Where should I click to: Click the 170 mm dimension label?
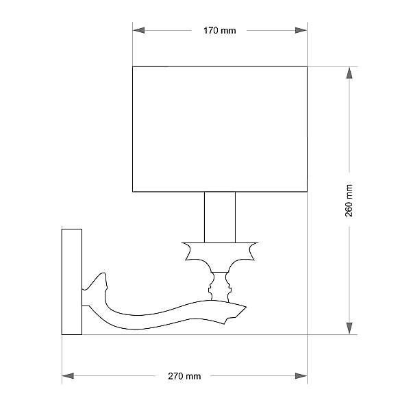click(x=220, y=31)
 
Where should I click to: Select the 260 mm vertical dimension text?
click(x=349, y=201)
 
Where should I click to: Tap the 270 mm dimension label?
click(x=184, y=376)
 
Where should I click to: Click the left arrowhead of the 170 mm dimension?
click(x=138, y=30)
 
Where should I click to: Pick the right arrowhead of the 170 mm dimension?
click(x=301, y=30)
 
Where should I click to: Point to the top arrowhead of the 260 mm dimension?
click(x=349, y=73)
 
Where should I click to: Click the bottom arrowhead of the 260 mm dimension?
click(x=349, y=328)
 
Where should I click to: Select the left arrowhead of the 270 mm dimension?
click(x=68, y=376)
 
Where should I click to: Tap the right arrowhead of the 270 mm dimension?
click(x=301, y=376)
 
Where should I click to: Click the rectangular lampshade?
click(x=220, y=129)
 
